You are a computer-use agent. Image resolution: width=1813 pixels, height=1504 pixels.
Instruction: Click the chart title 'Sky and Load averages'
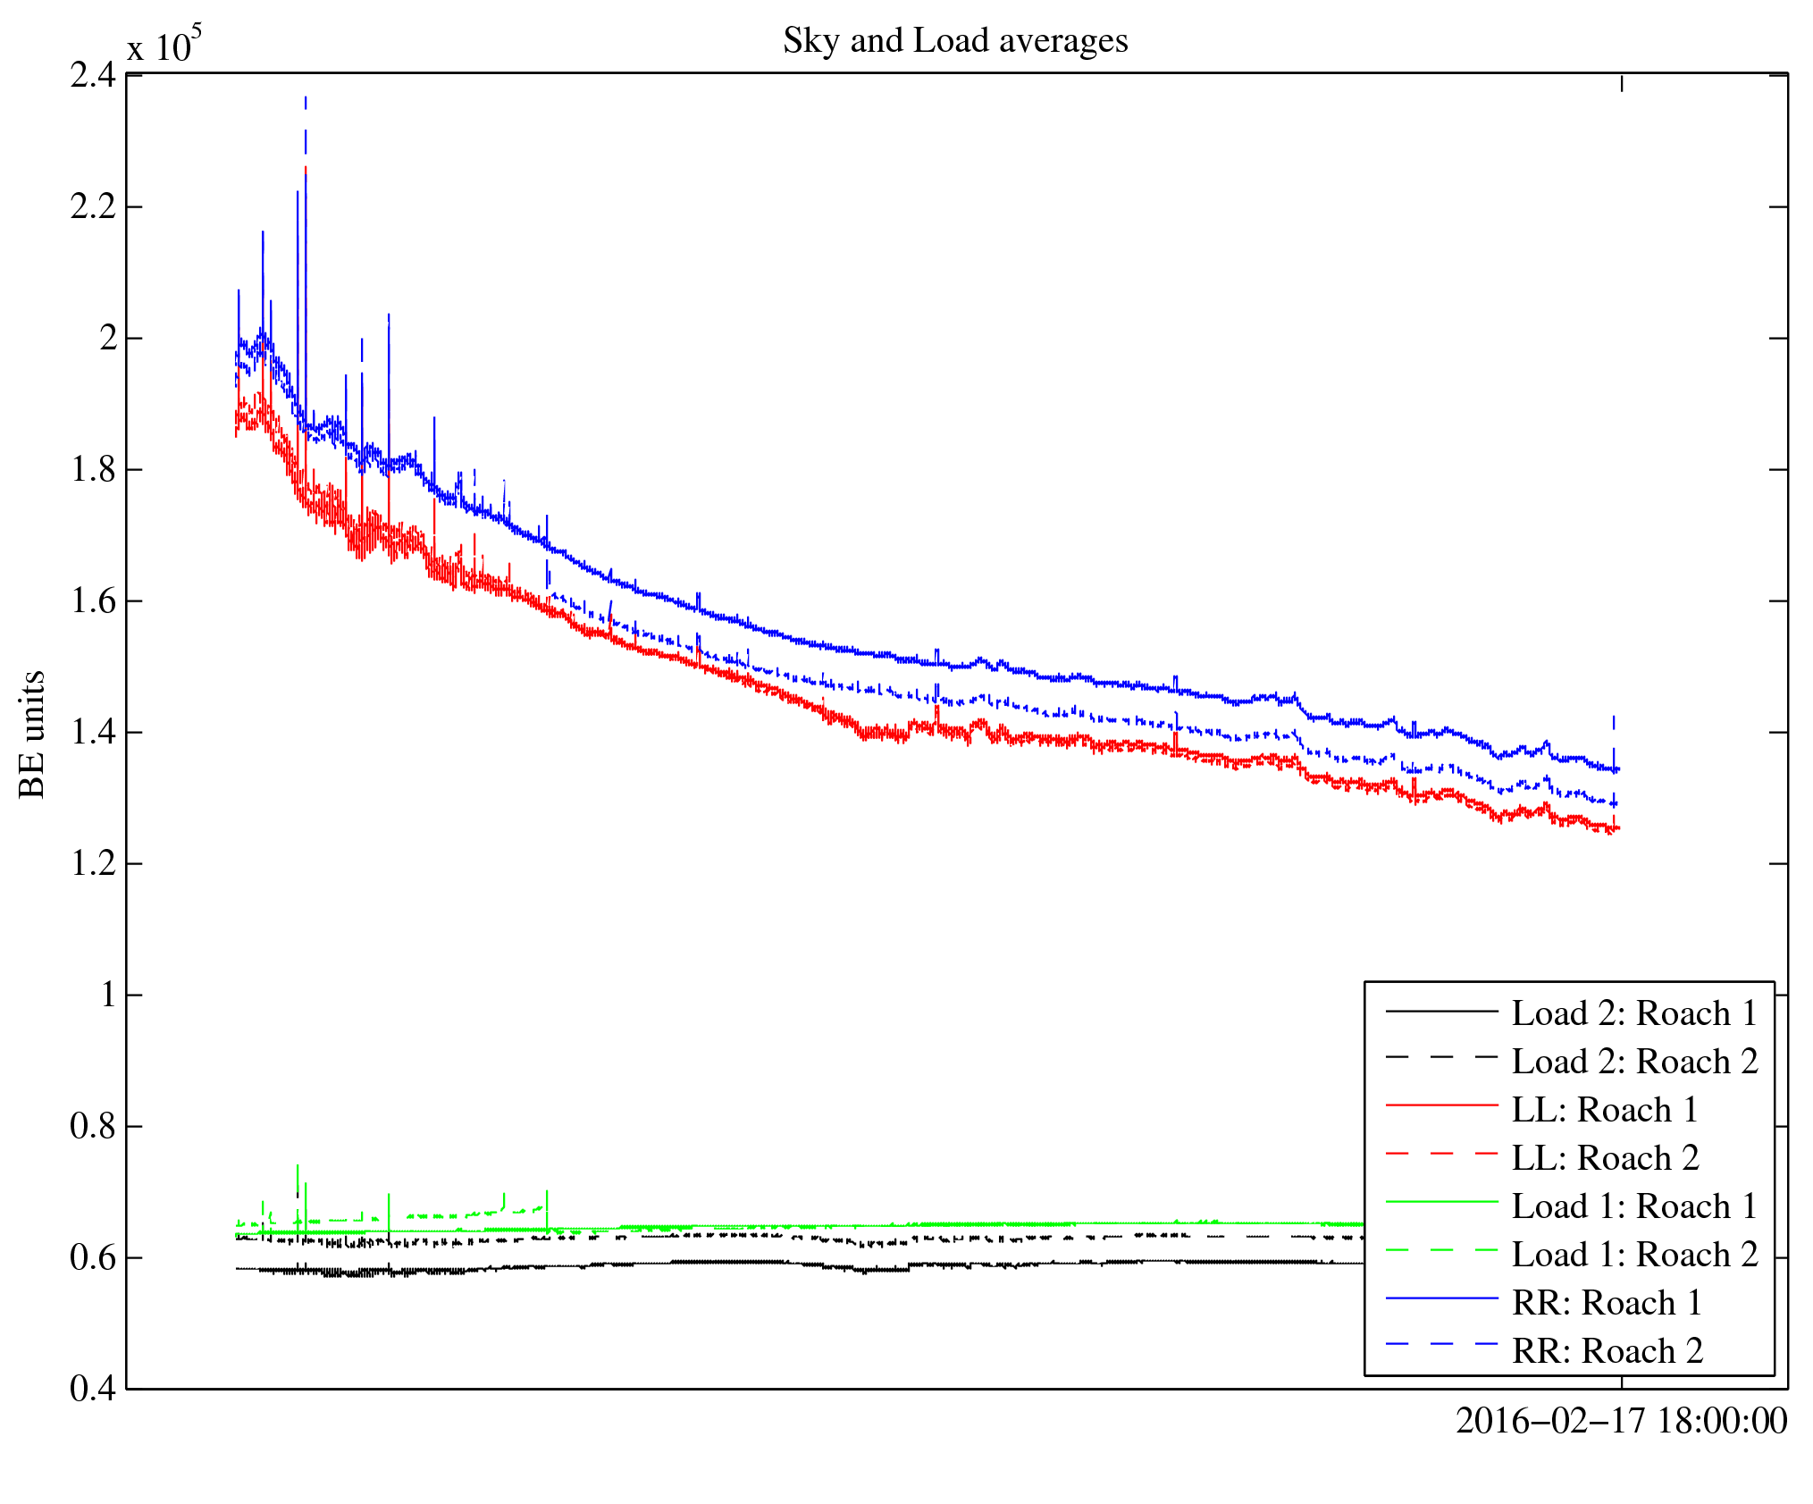(955, 41)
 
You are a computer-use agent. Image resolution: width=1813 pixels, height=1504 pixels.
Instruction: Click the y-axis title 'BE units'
(32, 734)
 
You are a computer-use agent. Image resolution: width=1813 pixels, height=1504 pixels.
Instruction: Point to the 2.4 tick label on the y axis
(93, 75)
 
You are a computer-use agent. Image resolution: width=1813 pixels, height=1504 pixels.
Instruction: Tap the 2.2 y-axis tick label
(93, 206)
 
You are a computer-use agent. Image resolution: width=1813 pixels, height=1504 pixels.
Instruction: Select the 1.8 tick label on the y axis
(93, 469)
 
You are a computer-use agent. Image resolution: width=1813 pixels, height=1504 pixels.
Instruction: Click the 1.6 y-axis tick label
(93, 601)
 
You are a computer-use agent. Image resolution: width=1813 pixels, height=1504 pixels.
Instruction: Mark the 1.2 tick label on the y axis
(93, 863)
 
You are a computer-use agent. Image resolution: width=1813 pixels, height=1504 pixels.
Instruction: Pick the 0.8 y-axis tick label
(93, 1126)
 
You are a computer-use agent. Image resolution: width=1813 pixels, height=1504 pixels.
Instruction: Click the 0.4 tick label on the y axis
(93, 1388)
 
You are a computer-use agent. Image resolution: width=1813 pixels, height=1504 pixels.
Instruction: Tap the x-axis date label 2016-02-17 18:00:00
(1621, 1421)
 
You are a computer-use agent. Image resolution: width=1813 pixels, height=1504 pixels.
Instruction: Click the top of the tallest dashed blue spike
(306, 98)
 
